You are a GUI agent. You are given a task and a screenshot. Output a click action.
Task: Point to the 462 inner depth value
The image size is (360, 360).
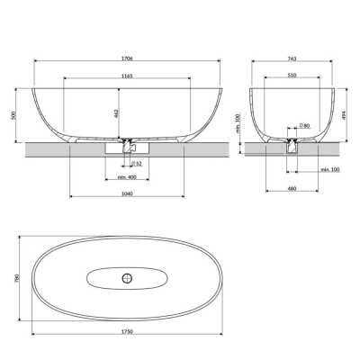(x=117, y=114)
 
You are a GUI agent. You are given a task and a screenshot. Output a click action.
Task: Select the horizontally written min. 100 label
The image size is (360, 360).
(x=328, y=169)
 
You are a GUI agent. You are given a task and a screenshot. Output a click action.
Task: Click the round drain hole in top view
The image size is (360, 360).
(x=126, y=275)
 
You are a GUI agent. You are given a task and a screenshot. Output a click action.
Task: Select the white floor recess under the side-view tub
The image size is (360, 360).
(x=116, y=149)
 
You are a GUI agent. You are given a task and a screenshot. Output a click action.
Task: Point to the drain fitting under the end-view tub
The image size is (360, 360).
(x=292, y=142)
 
